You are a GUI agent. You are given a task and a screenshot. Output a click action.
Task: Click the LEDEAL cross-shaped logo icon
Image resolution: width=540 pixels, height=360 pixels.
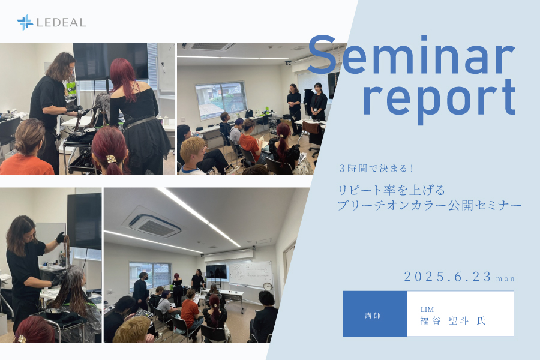click(x=25, y=22)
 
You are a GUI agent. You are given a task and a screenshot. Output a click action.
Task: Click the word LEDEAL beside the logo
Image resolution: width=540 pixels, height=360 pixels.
click(x=61, y=23)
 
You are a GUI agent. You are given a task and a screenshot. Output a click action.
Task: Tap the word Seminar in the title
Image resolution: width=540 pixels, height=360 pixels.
click(x=411, y=55)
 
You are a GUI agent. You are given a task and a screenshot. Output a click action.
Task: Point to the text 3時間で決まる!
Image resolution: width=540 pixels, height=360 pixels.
click(x=376, y=169)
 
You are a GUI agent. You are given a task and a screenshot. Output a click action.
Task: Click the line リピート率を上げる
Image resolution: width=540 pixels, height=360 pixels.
click(x=392, y=190)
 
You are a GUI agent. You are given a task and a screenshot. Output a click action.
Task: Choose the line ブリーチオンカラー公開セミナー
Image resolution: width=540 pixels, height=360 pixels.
click(x=429, y=206)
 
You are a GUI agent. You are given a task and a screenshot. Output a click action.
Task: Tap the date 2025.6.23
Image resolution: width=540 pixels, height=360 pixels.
click(x=448, y=277)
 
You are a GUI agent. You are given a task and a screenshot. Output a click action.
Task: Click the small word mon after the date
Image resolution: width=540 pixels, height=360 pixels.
click(x=506, y=278)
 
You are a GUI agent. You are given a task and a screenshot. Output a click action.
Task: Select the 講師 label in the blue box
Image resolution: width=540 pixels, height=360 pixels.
click(x=373, y=315)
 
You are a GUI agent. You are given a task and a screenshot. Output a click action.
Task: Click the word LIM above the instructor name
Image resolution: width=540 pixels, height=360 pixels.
click(x=427, y=310)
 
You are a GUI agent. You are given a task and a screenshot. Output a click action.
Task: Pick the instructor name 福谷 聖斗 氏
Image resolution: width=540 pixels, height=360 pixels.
click(x=453, y=321)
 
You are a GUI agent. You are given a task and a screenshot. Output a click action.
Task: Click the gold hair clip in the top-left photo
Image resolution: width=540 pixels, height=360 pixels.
click(x=111, y=158)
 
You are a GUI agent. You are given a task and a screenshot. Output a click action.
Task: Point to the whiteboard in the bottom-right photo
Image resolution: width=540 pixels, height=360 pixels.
click(x=251, y=274)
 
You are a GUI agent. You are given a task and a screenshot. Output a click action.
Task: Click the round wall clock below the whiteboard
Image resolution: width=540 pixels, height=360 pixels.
click(x=267, y=286)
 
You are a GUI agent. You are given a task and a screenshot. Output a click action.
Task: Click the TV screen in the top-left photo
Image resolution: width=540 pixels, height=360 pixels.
click(x=110, y=62)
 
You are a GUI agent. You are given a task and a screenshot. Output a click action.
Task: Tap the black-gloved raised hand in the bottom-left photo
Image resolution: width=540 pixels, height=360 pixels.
click(x=60, y=238)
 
